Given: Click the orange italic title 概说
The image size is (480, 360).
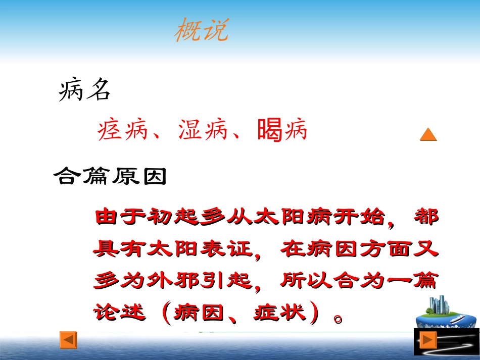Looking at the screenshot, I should [x=201, y=31].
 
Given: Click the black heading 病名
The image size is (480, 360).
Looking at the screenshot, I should [x=84, y=91].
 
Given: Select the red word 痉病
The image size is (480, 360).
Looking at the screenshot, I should [x=122, y=130].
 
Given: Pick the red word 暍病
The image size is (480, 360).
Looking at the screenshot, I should [x=282, y=130].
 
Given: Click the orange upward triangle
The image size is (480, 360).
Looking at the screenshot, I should [x=428, y=134].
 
